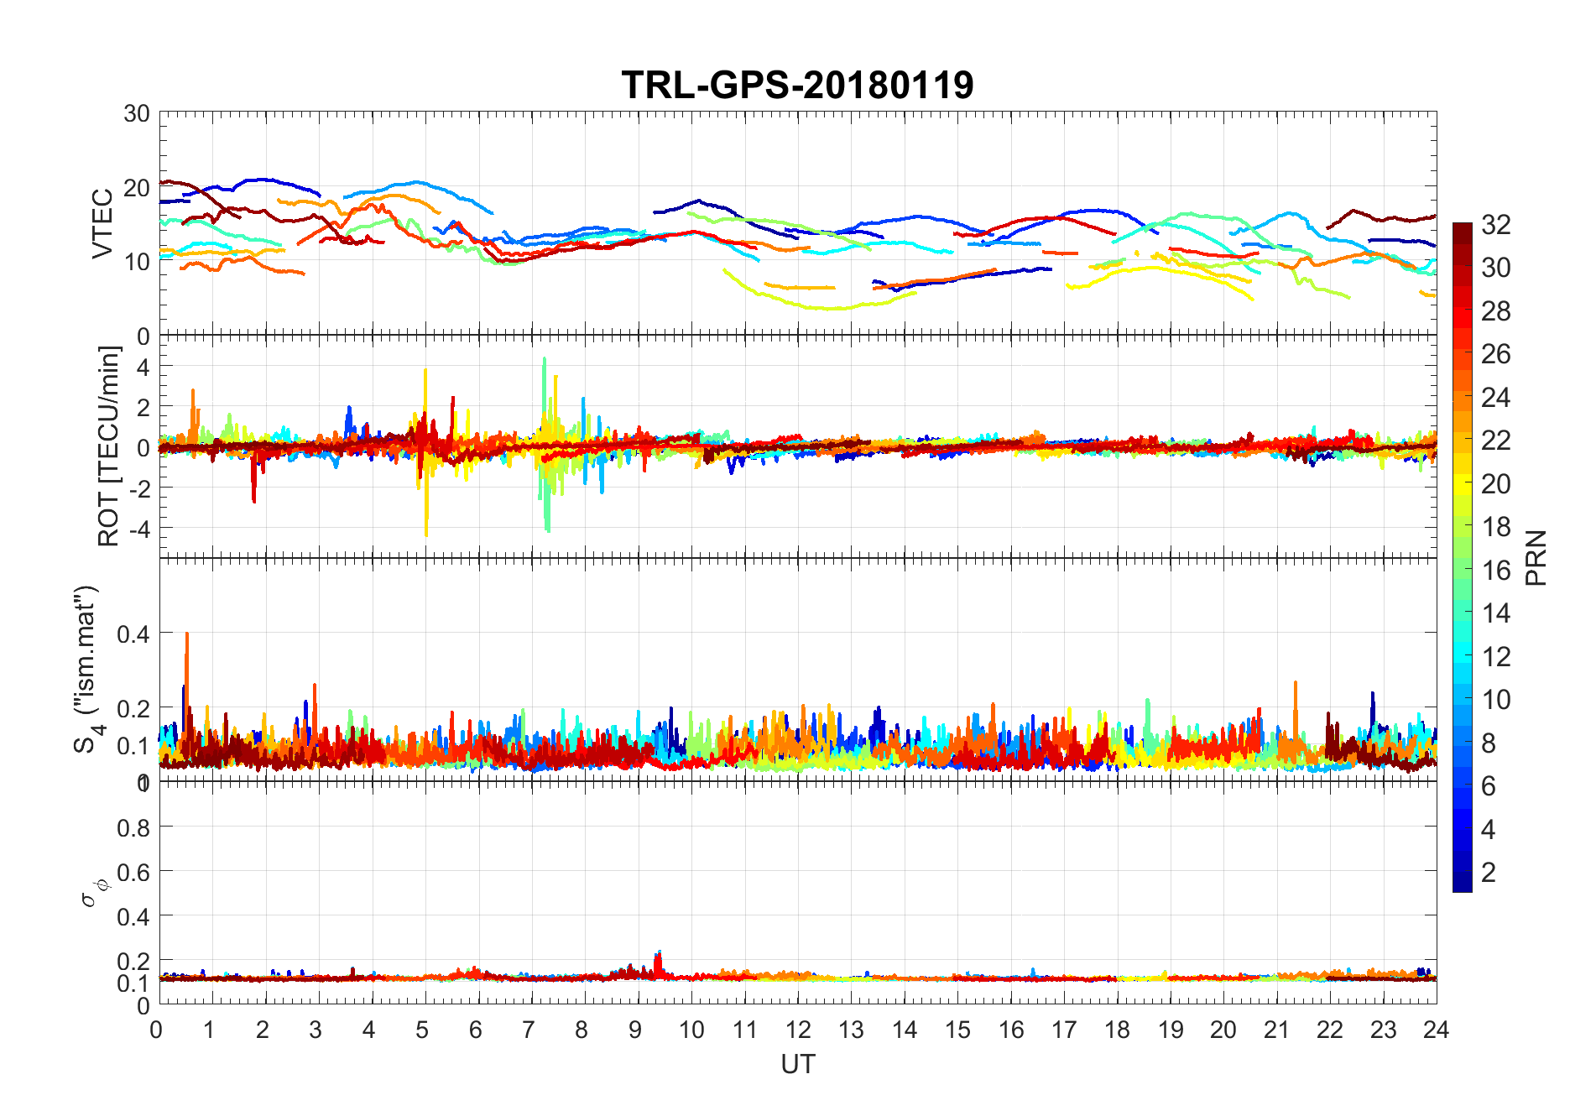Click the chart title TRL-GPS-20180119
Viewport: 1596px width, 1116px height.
click(797, 85)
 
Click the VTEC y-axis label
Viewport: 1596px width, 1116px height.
click(102, 224)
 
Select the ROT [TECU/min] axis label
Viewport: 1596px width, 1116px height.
click(109, 446)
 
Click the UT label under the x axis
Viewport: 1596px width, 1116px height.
click(797, 1064)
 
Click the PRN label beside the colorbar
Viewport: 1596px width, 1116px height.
click(1536, 558)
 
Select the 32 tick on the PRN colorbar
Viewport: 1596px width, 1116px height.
click(1495, 224)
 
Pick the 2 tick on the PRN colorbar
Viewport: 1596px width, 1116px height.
click(1489, 873)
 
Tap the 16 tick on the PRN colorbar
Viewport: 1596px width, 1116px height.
click(1495, 571)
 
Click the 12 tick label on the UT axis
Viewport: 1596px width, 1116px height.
click(798, 1030)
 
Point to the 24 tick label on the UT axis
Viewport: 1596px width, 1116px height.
click(1436, 1030)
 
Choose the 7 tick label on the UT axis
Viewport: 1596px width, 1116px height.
click(529, 1030)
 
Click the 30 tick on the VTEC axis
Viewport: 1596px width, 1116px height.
click(137, 113)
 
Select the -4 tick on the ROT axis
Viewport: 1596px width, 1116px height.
click(138, 529)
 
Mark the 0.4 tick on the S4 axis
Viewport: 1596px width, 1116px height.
click(133, 634)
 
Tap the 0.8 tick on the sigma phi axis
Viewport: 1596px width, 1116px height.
click(133, 828)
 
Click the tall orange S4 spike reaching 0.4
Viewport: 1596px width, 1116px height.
click(186, 635)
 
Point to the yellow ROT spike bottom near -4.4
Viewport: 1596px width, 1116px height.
click(426, 534)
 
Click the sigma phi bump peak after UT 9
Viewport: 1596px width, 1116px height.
click(659, 953)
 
